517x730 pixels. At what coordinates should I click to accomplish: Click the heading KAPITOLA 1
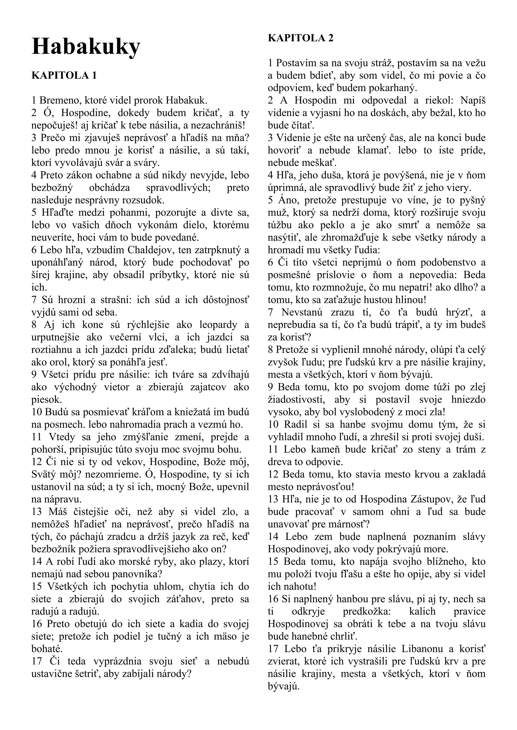(x=64, y=75)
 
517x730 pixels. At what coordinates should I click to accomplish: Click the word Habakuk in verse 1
(x=187, y=101)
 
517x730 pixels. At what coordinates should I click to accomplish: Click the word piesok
(x=46, y=400)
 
